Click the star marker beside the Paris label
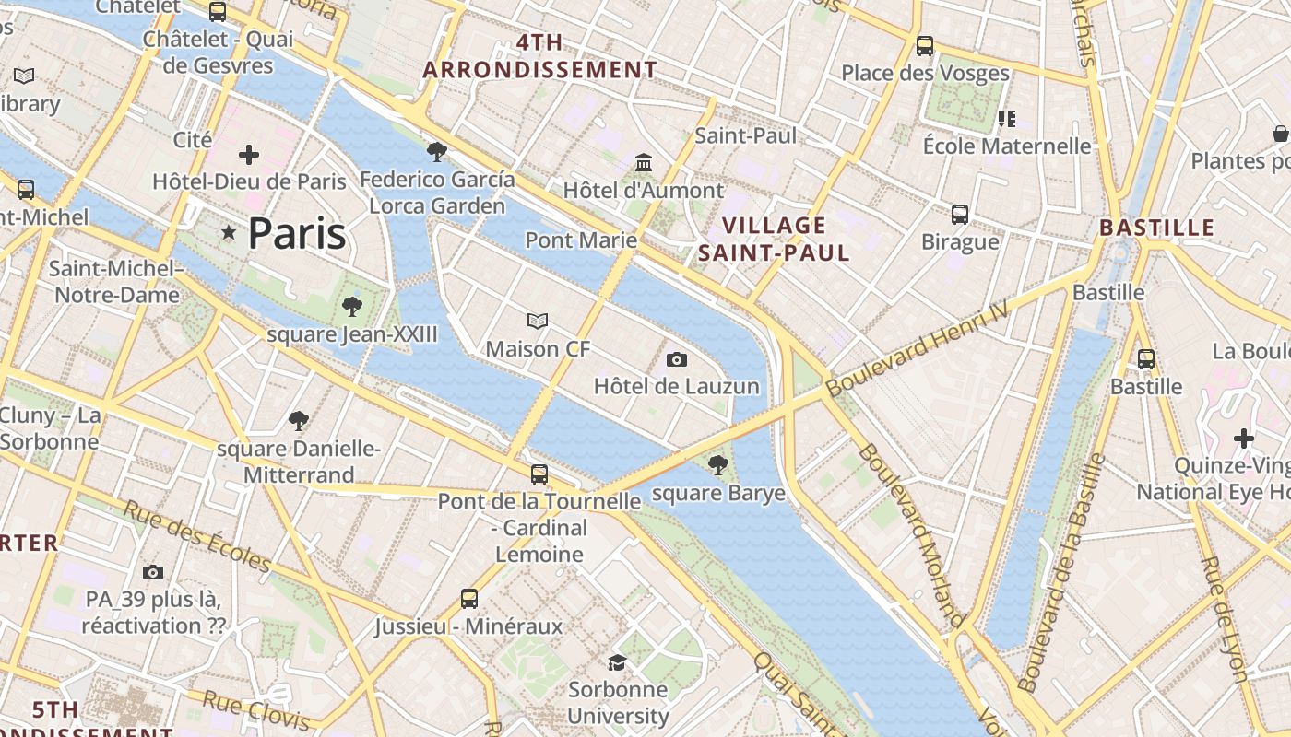229,233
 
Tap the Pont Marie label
581,240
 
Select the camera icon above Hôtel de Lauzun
677,359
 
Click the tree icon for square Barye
717,465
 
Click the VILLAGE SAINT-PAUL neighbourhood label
774,239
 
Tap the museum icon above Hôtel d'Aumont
644,163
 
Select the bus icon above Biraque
960,215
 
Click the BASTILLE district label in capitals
1157,228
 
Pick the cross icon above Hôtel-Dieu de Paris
249,155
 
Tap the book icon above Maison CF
538,321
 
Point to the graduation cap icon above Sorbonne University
617,662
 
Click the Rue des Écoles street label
197,537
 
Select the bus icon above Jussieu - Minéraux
469,599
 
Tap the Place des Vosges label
925,73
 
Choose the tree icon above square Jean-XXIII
351,307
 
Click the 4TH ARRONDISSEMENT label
539,56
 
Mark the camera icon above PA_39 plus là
153,572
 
